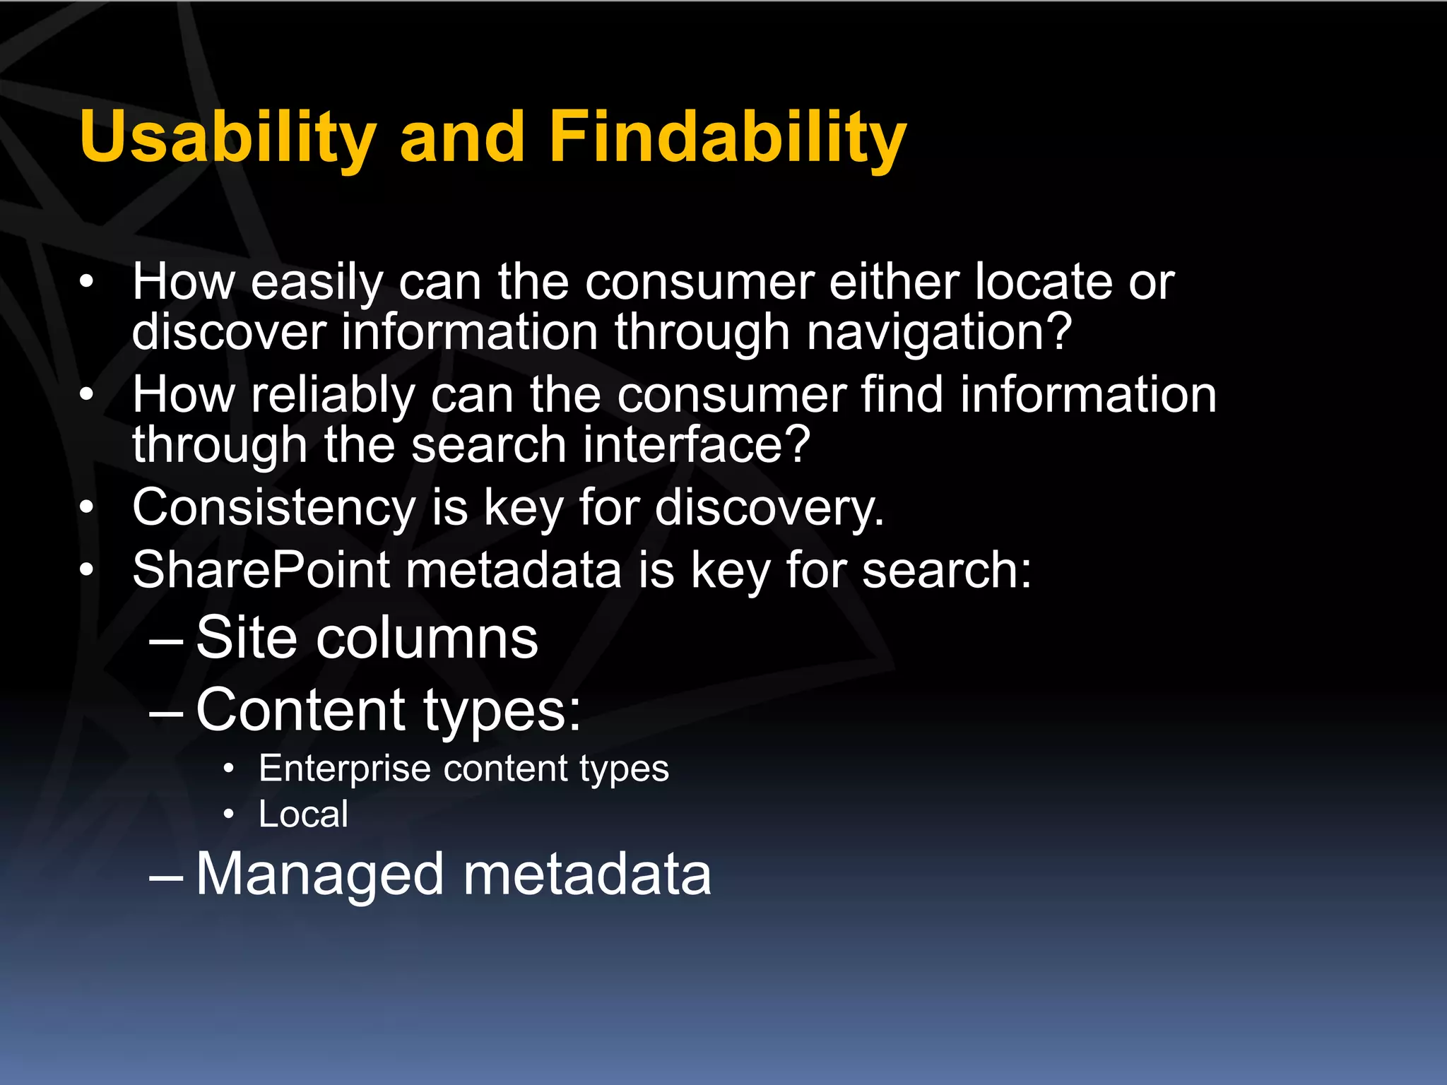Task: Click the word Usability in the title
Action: [x=228, y=138]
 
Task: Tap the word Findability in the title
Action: [x=727, y=138]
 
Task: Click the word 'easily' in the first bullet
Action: [x=317, y=283]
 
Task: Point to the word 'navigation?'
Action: [x=939, y=332]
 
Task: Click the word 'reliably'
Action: [x=333, y=396]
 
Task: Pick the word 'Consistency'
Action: [x=274, y=508]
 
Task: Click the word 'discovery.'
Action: [x=769, y=508]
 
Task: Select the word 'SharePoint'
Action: [x=261, y=570]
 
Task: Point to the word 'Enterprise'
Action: [x=344, y=769]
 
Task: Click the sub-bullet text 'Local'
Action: [x=303, y=814]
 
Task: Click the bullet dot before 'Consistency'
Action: [x=86, y=507]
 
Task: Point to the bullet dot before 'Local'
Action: [x=228, y=815]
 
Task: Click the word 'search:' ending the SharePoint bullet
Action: [x=947, y=570]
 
